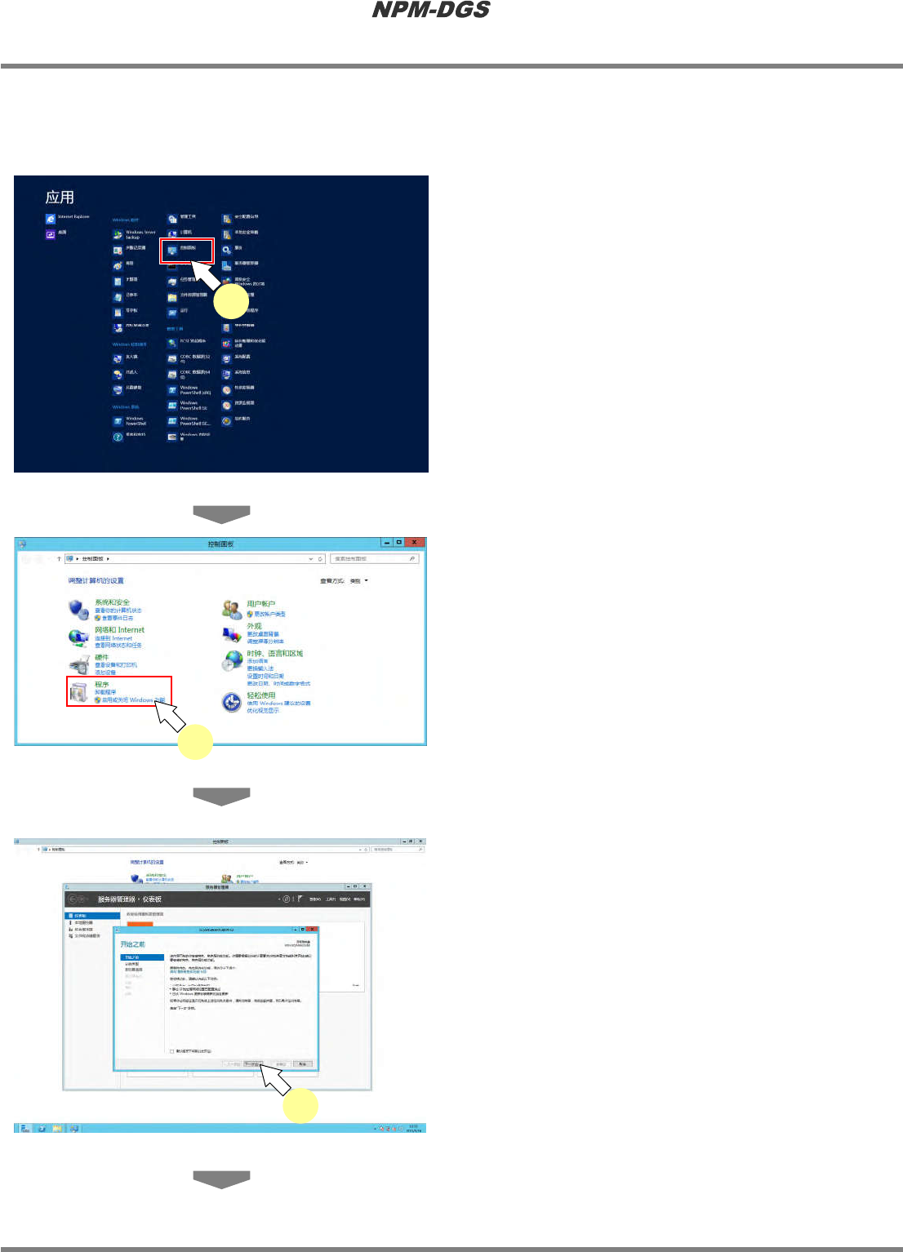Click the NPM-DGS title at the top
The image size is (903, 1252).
(431, 10)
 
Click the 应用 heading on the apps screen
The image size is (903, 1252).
(60, 198)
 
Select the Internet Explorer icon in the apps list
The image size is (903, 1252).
(51, 219)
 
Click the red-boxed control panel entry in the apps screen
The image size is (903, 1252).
(186, 251)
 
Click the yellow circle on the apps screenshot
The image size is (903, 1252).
(231, 302)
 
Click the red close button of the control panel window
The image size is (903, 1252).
(415, 543)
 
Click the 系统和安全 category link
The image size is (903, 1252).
(112, 602)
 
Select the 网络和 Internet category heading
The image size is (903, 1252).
(119, 630)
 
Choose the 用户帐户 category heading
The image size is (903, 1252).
(261, 604)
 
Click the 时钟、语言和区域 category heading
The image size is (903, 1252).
(275, 654)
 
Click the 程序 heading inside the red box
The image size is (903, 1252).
(101, 685)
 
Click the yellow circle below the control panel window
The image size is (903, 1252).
(196, 742)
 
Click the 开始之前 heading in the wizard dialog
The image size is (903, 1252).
(132, 944)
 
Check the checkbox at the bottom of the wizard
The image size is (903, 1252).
(171, 1051)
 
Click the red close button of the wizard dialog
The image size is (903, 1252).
(312, 930)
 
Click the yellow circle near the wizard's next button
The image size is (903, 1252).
(300, 1106)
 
